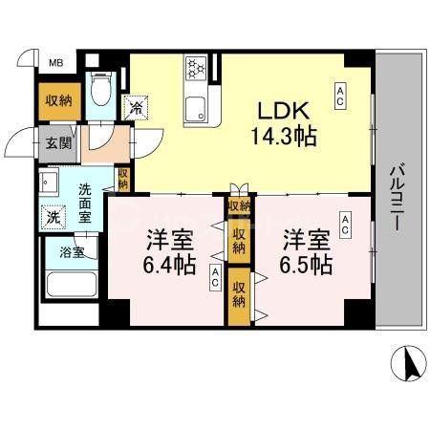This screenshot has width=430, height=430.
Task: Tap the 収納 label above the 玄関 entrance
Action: pos(55,99)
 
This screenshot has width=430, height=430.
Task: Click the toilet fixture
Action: pos(101,91)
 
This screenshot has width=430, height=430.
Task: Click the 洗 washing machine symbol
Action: pos(54,216)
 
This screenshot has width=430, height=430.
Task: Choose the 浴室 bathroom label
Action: pos(73,253)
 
